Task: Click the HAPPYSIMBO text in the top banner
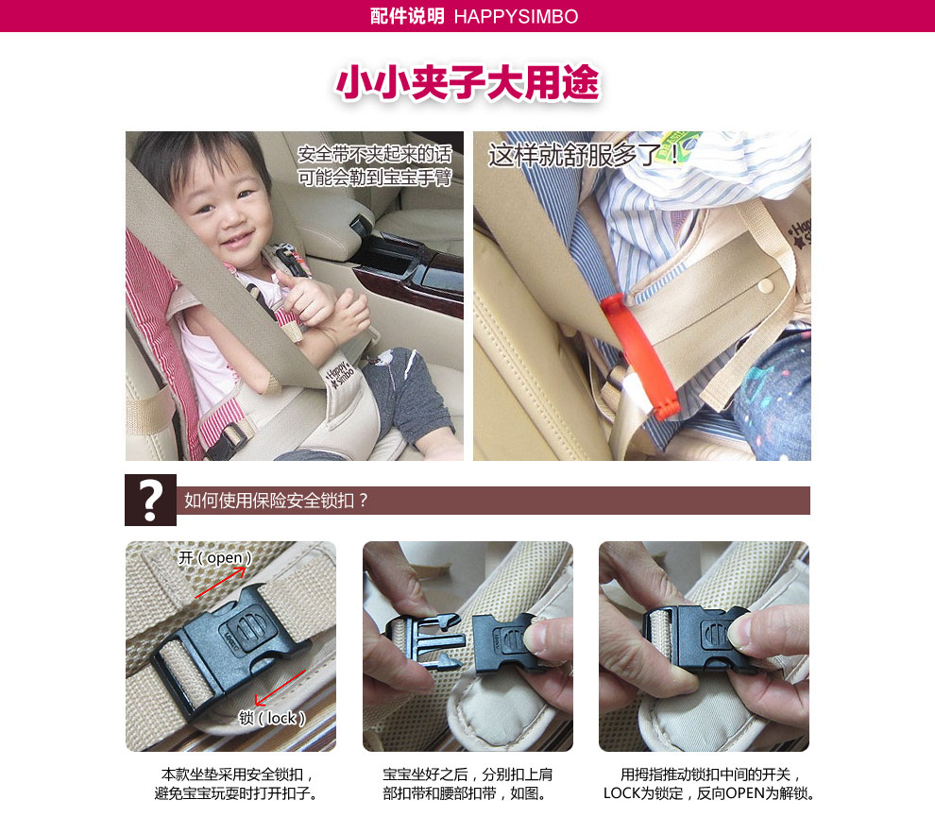click(x=516, y=16)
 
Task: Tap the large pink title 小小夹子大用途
click(x=467, y=82)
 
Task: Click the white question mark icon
click(x=150, y=501)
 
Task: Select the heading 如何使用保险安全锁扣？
click(x=276, y=501)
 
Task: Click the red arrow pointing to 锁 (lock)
click(x=279, y=687)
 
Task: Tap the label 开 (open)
click(x=215, y=557)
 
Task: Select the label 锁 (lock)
click(x=272, y=718)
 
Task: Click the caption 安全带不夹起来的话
click(x=375, y=154)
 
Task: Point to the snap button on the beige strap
click(x=764, y=287)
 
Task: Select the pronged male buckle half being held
click(x=425, y=642)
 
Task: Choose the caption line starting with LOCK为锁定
click(x=709, y=793)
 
